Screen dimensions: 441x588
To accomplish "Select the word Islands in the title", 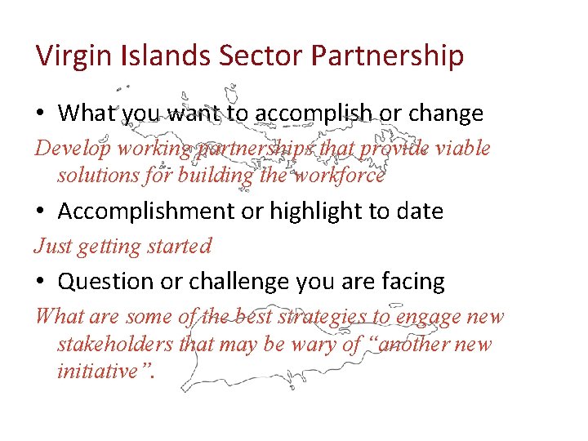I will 168,56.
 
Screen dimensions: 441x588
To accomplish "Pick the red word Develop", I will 73,149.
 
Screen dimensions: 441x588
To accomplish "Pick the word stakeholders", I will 116,344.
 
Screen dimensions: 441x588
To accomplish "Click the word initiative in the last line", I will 98,371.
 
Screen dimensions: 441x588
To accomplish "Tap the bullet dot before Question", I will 42,282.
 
